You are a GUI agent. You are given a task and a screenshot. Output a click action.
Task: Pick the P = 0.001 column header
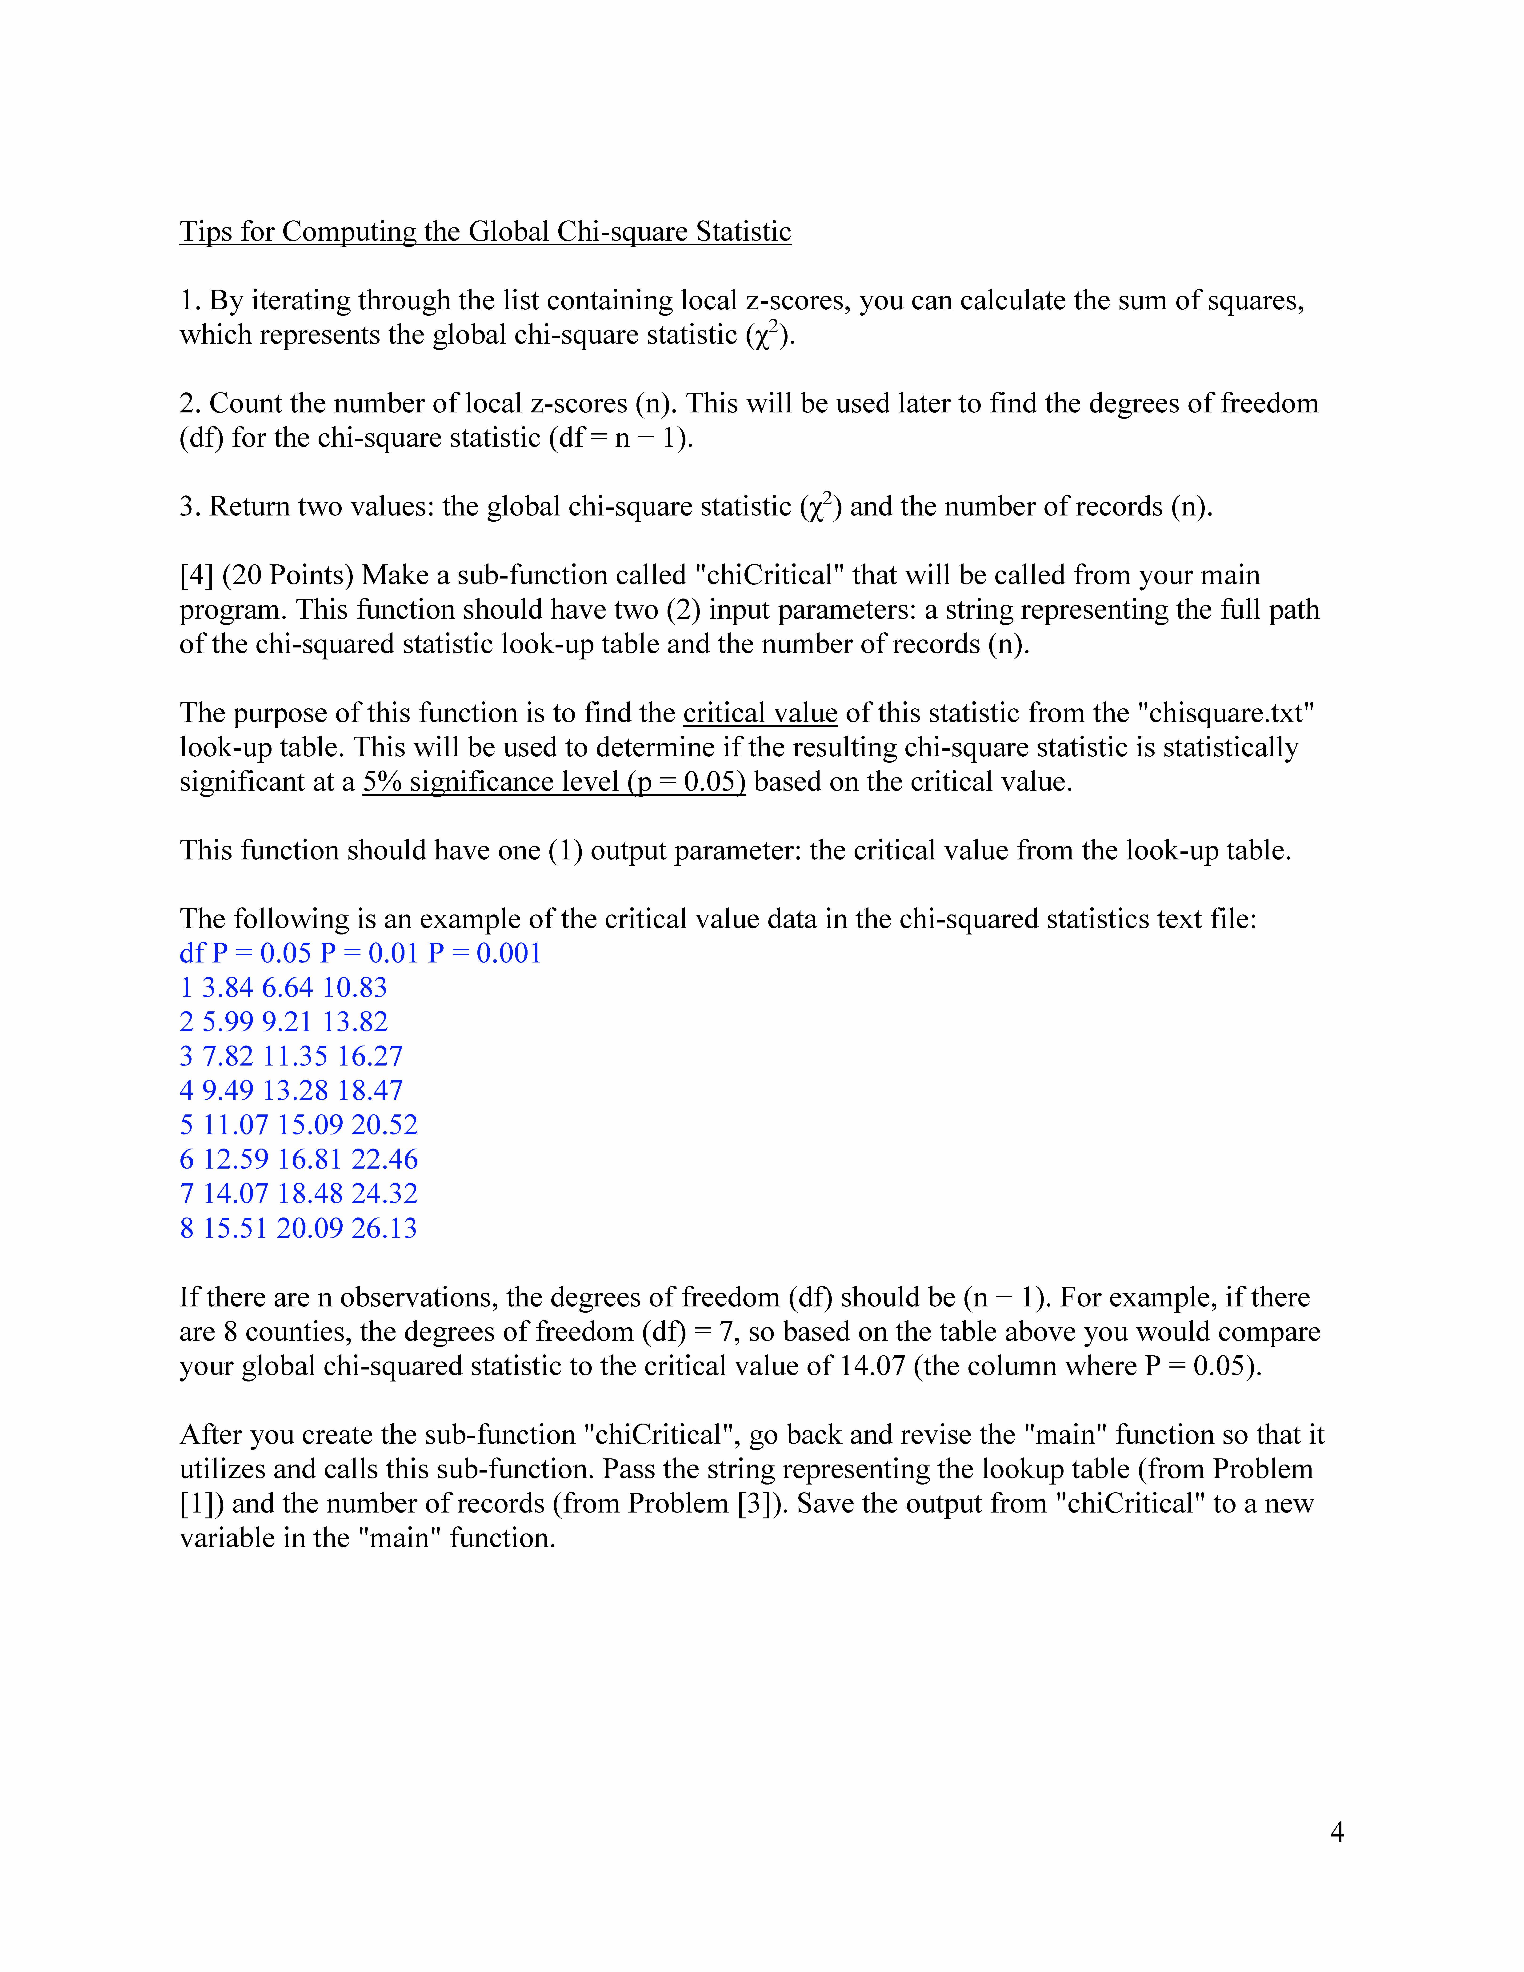(x=485, y=954)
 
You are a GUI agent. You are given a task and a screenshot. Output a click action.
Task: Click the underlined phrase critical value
(x=760, y=713)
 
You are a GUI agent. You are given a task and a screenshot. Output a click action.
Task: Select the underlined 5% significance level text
(x=554, y=782)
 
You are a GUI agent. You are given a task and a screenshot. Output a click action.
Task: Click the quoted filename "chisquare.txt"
(x=1226, y=713)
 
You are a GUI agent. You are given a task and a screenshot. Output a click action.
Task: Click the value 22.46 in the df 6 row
(x=385, y=1159)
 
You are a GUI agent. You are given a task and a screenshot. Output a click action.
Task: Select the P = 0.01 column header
(x=369, y=954)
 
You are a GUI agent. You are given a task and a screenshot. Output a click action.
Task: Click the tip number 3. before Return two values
(x=190, y=507)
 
